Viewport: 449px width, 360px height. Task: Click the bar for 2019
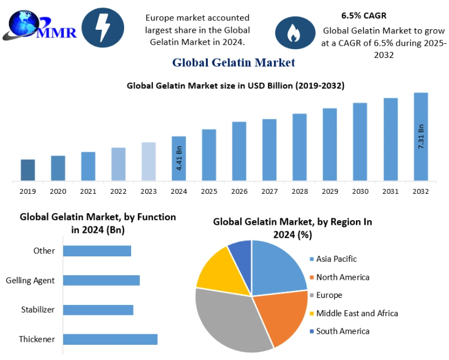click(28, 170)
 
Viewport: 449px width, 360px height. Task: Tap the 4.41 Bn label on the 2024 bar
click(179, 158)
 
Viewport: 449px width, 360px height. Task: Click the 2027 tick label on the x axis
click(269, 191)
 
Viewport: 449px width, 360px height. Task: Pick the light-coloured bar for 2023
click(149, 161)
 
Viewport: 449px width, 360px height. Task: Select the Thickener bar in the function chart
click(110, 339)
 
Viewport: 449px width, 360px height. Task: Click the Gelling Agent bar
click(101, 280)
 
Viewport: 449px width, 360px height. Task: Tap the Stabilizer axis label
click(38, 310)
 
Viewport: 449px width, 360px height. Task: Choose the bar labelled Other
click(97, 251)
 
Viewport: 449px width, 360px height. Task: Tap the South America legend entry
click(342, 331)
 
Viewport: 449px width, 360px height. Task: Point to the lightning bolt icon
click(102, 28)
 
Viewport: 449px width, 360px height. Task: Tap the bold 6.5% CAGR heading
click(364, 16)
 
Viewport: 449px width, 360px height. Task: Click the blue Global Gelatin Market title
click(233, 62)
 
